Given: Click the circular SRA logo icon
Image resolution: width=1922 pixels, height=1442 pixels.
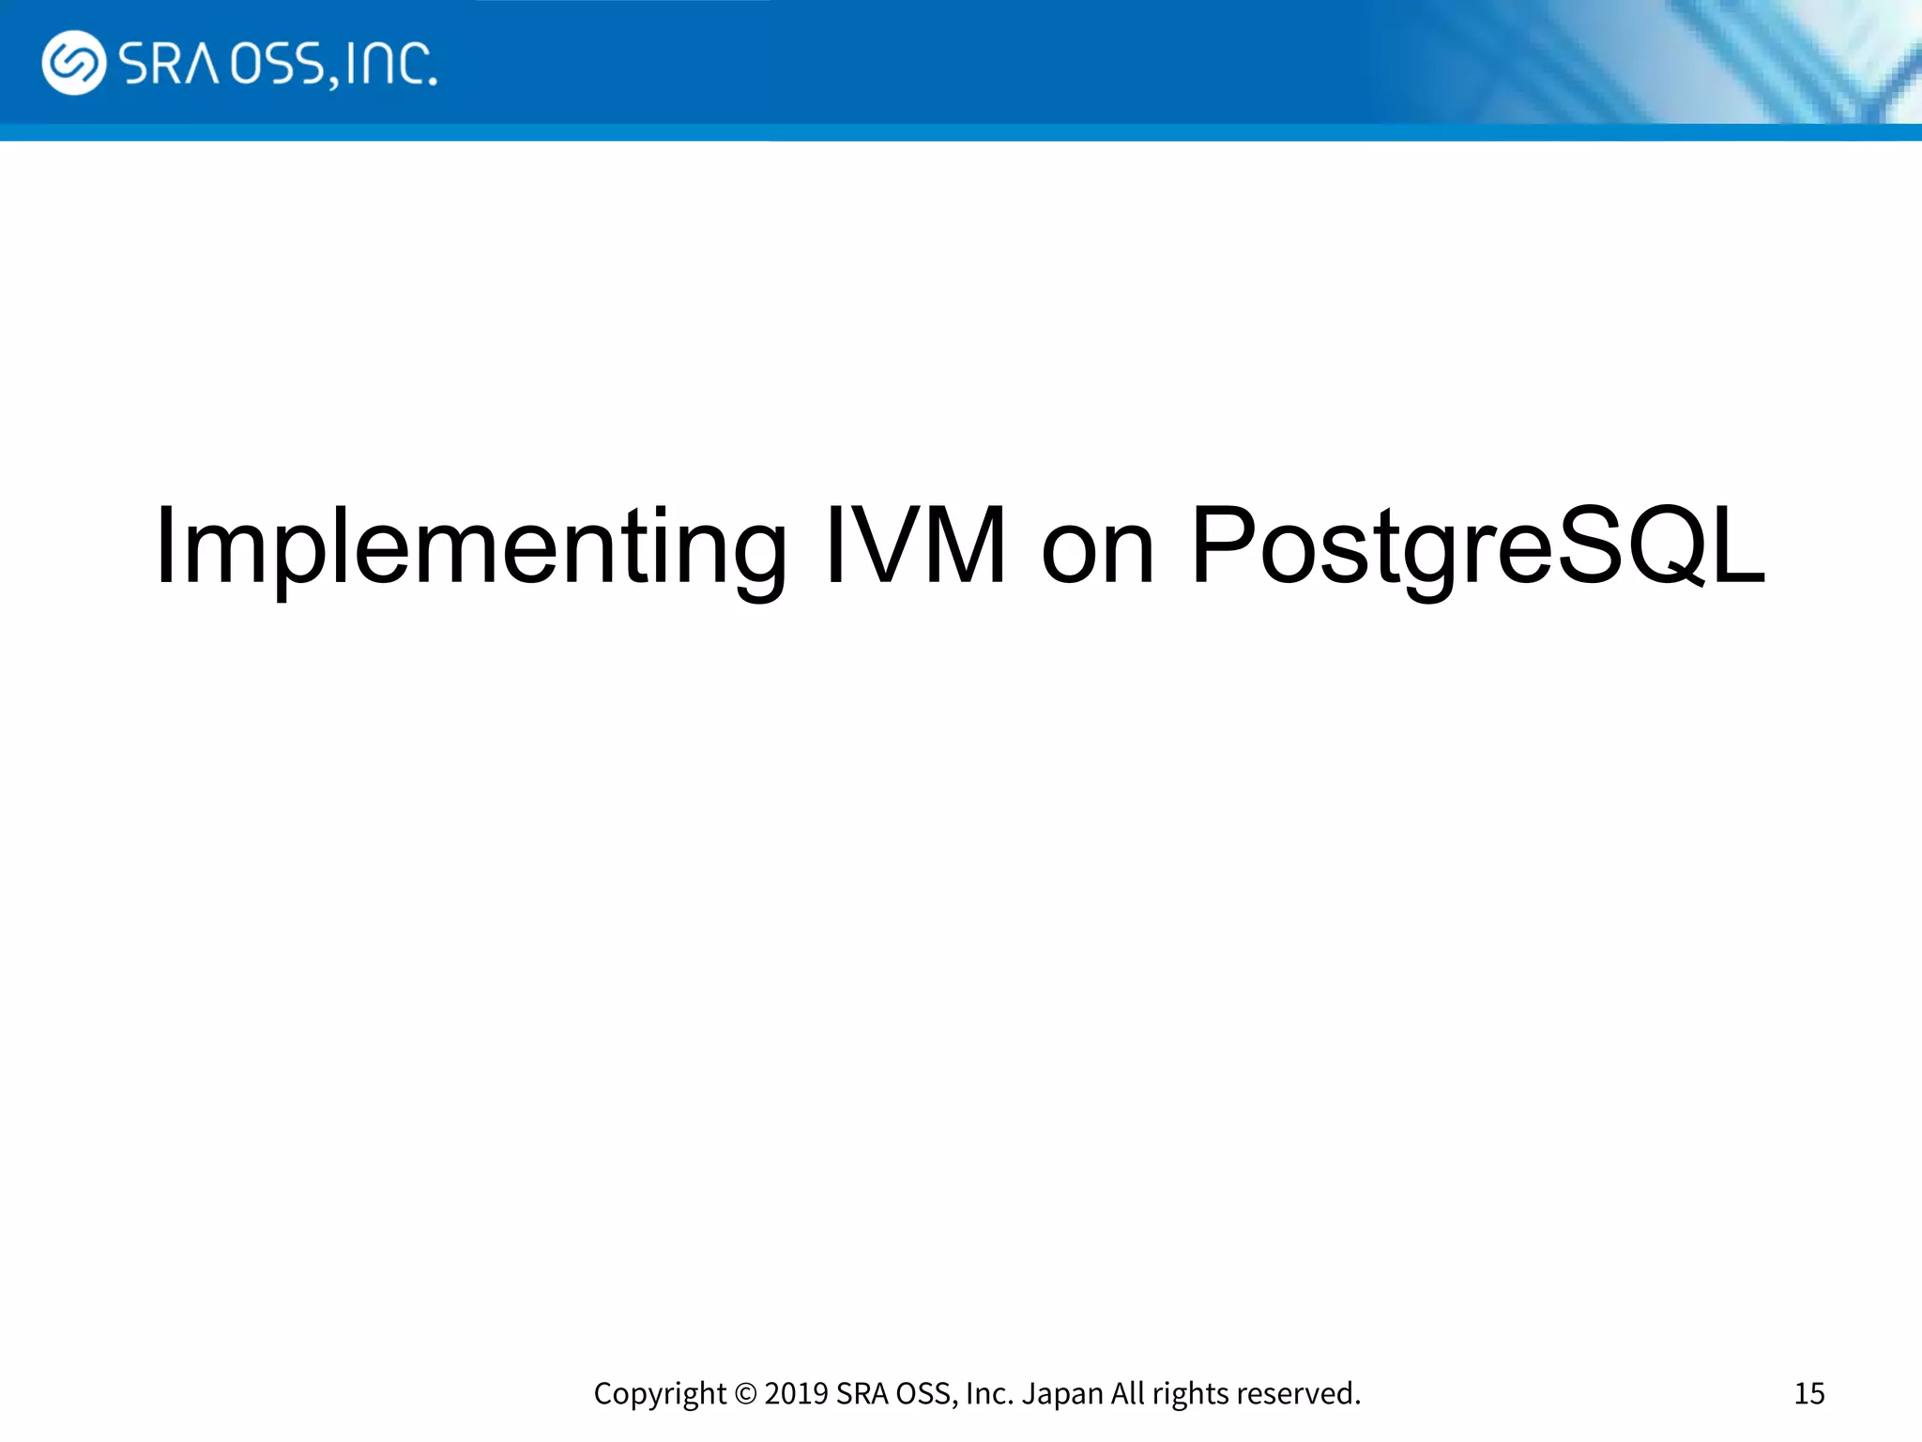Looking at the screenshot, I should (x=73, y=63).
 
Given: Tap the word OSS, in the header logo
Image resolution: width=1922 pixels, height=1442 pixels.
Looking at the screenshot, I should (x=282, y=65).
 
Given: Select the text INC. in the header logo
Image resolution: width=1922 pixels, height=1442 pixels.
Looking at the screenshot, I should (x=390, y=64).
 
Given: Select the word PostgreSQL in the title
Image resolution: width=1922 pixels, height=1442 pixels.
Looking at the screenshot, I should (x=1478, y=547).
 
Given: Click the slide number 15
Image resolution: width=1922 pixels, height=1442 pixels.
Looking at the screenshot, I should (x=1808, y=1393).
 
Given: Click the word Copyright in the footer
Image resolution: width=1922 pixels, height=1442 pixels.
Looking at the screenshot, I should (x=660, y=1394).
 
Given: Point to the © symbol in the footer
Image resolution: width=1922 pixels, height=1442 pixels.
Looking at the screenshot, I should (x=745, y=1393).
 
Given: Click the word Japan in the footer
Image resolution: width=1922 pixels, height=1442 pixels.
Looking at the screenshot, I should (x=1062, y=1393).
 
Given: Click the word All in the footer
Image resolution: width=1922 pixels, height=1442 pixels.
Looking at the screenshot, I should (x=1127, y=1393).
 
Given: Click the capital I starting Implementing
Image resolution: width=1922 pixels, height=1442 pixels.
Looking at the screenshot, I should (x=165, y=545).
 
